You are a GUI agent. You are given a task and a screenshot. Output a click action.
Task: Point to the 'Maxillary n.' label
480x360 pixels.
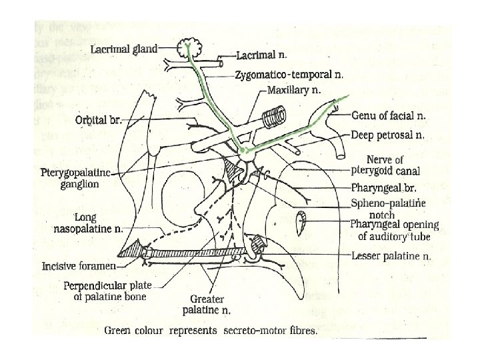pos(293,89)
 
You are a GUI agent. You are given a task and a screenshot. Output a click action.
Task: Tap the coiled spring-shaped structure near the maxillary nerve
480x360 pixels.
pos(273,119)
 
